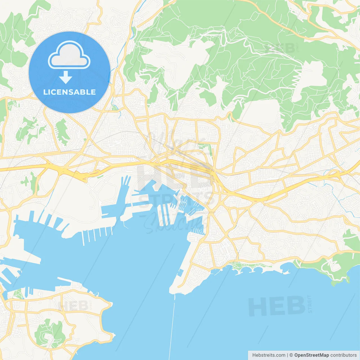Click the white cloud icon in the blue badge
tap(69, 55)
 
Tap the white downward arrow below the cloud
tap(66, 77)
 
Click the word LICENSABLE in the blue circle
tap(69, 92)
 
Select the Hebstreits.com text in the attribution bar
tap(269, 355)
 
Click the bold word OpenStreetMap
tap(311, 355)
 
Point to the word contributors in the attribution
tap(343, 355)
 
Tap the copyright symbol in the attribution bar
tap(291, 355)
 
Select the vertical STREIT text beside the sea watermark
tap(310, 304)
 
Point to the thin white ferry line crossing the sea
tap(172, 326)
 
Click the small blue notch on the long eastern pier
tap(181, 273)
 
